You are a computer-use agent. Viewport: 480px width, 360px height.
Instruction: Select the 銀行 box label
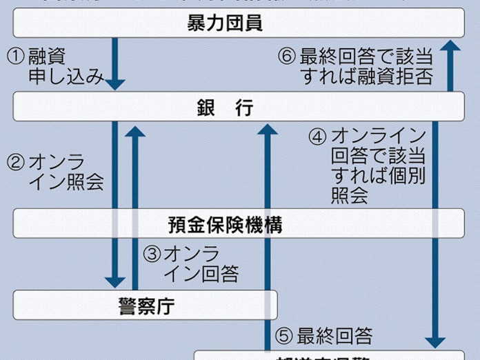tap(225, 108)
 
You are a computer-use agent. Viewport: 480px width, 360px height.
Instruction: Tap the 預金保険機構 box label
tap(225, 225)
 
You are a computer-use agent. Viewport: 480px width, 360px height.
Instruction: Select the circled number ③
tap(152, 254)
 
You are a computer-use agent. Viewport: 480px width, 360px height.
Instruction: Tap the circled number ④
tap(318, 136)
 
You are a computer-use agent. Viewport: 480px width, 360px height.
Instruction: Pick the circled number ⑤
tap(284, 337)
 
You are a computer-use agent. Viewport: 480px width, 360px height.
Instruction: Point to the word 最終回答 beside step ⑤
tap(335, 337)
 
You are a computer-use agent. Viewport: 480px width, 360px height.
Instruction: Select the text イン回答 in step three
tap(201, 274)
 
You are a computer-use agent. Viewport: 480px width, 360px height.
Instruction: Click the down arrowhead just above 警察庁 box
tap(115, 281)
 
